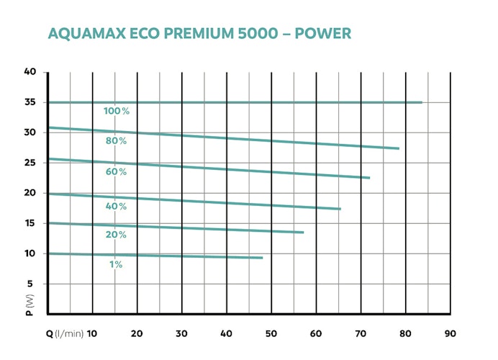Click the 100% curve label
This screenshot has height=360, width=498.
tap(117, 111)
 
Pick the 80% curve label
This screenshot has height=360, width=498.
tap(117, 141)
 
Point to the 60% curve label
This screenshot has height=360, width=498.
tap(117, 171)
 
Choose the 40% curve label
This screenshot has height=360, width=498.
tap(117, 206)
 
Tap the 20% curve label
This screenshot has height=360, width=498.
tap(117, 235)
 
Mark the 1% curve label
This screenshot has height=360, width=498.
tap(117, 264)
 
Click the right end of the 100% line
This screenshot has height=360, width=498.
tap(422, 102)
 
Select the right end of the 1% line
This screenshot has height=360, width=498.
tap(263, 258)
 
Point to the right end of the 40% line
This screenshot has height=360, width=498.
tap(340, 209)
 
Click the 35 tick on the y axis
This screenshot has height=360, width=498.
tap(30, 102)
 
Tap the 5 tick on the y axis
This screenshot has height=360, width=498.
tap(32, 284)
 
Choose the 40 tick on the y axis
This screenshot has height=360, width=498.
tap(30, 72)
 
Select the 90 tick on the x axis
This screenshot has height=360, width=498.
tap(450, 333)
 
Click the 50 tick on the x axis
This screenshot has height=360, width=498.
tap(271, 333)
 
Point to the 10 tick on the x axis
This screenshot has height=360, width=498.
tap(92, 333)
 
